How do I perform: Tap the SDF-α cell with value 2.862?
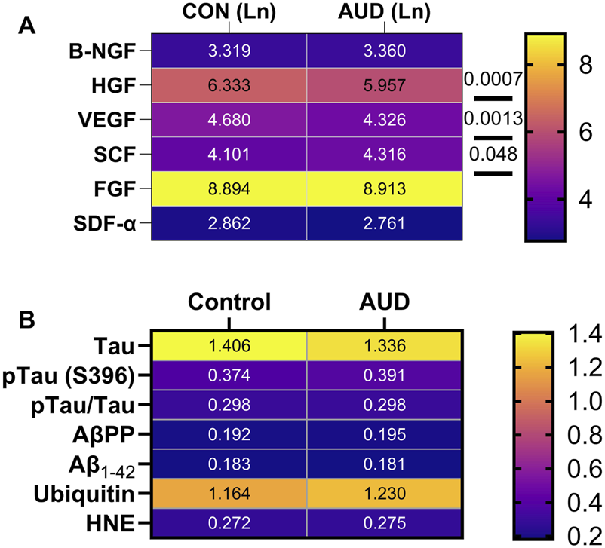tap(229, 223)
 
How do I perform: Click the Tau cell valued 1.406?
tap(229, 346)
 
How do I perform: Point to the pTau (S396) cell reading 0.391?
tap(383, 375)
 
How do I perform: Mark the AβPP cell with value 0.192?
tap(229, 436)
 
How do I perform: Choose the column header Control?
tap(229, 303)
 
